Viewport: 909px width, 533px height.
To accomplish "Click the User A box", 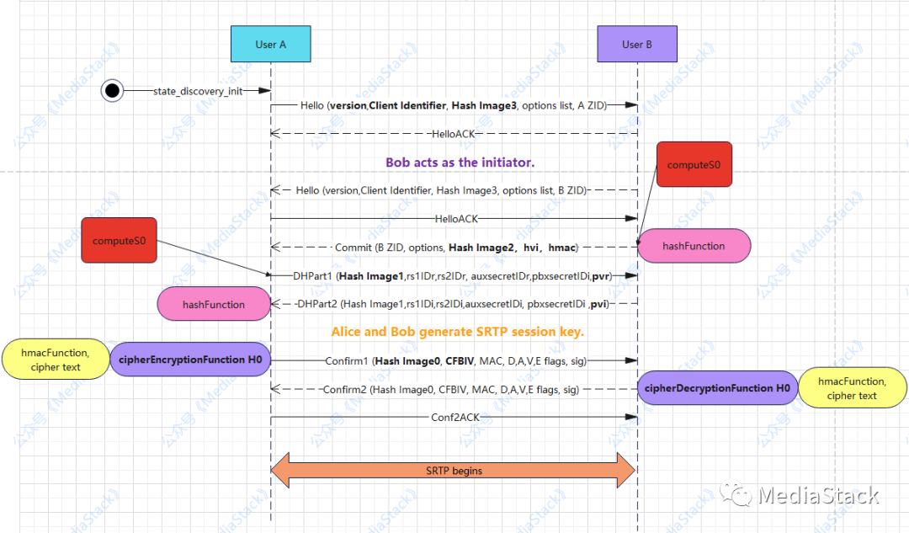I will [x=270, y=45].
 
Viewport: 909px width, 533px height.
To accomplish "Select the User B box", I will [x=637, y=45].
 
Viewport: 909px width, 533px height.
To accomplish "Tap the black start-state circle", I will [x=112, y=90].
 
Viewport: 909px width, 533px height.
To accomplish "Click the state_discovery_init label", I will [x=197, y=91].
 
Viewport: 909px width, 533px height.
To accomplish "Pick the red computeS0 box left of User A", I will [x=119, y=241].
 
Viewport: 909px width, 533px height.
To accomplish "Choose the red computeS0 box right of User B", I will [x=694, y=164].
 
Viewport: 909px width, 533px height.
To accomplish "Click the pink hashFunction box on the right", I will [x=693, y=246].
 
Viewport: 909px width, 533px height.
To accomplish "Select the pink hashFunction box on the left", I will [x=213, y=305].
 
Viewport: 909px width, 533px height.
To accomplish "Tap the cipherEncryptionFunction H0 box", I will [x=189, y=360].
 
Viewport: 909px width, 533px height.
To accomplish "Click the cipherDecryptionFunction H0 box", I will [x=717, y=388].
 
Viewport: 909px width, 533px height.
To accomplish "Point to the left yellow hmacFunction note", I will [x=56, y=360].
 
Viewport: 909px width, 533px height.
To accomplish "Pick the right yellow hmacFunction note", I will [x=851, y=388].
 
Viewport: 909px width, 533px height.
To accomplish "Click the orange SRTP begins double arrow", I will [x=454, y=471].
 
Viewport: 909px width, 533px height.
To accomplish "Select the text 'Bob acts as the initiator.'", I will [x=460, y=163].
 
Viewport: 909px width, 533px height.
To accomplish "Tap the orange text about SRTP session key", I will [x=457, y=332].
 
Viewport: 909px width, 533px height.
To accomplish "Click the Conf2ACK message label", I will [x=454, y=417].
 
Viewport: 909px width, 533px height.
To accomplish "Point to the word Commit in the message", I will [x=353, y=248].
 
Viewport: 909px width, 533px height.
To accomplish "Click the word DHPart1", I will [x=307, y=276].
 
